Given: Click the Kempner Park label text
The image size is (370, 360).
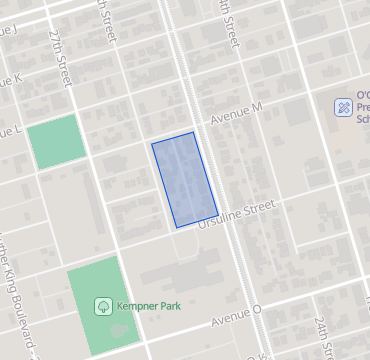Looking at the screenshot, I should pos(146,305).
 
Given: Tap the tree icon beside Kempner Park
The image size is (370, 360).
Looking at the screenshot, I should pos(101,305).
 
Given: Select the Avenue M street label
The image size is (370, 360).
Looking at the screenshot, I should pos(236,114).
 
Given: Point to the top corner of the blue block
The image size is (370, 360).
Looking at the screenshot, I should pos(193,132).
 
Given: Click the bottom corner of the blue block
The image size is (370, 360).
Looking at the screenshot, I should pos(177,228).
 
